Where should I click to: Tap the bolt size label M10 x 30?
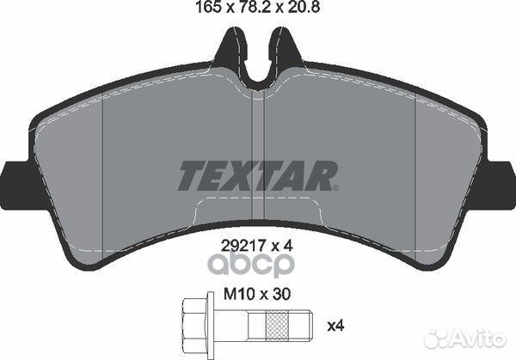pyautogui.click(x=257, y=294)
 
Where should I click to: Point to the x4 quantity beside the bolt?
pyautogui.click(x=335, y=326)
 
